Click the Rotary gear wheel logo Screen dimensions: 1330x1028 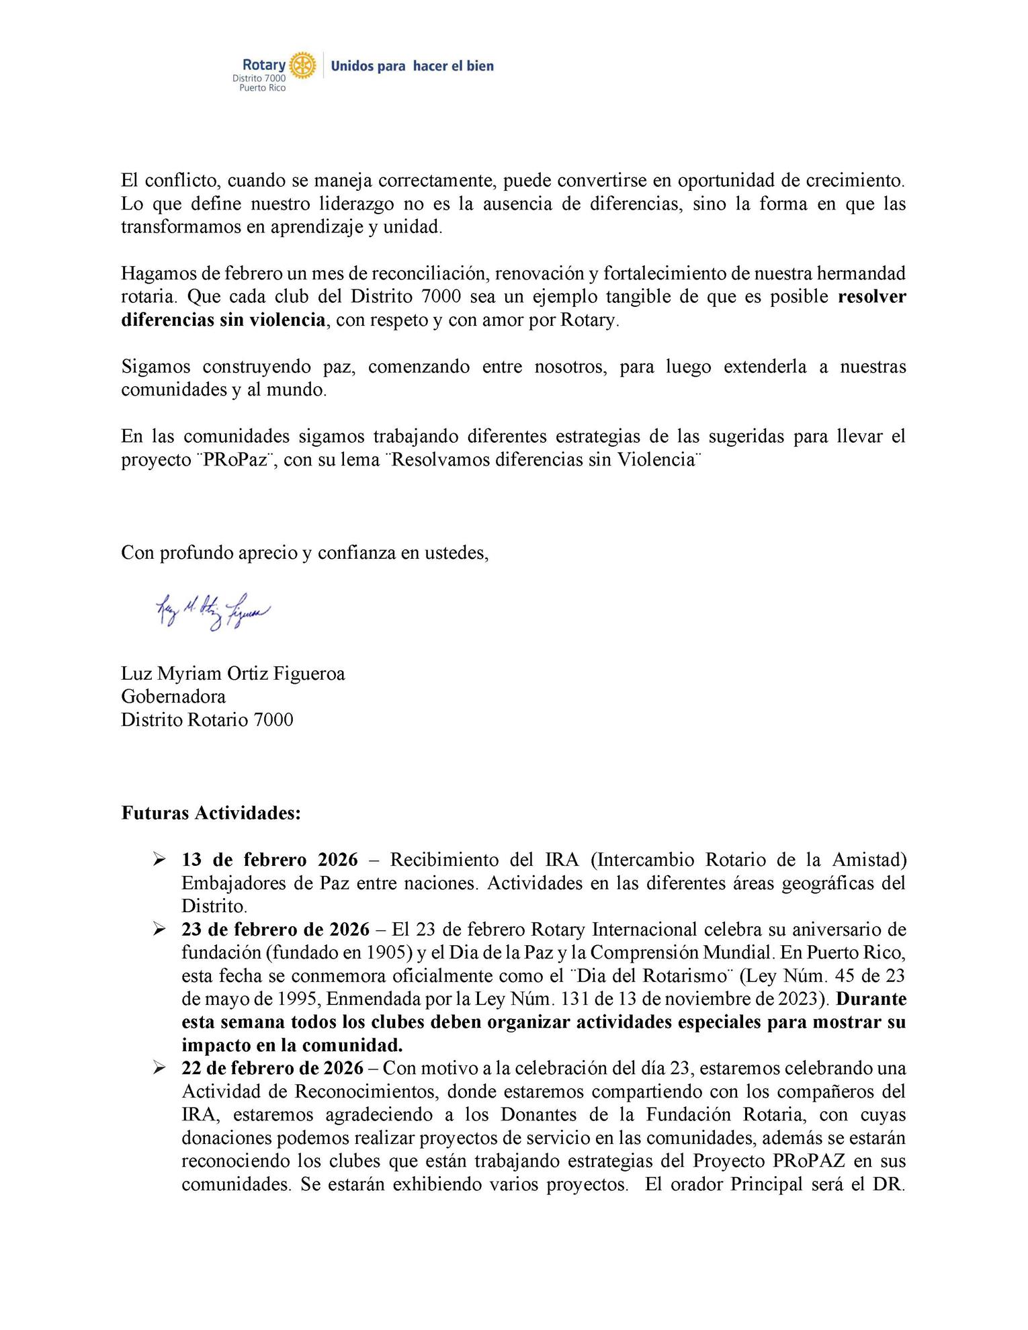pos(302,65)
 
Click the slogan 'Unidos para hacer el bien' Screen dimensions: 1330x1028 pos(413,66)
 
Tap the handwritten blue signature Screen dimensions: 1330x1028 pos(212,611)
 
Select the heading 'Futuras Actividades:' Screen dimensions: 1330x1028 pos(211,813)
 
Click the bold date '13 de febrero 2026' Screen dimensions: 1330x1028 pos(269,860)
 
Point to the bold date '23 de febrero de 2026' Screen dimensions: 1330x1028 pos(275,930)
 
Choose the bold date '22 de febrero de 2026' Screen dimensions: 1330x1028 pos(272,1068)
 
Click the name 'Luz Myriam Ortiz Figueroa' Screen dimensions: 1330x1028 pos(232,673)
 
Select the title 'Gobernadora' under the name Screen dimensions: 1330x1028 pos(173,696)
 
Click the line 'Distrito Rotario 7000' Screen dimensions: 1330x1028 pos(207,719)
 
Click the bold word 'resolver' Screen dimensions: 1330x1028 pos(871,297)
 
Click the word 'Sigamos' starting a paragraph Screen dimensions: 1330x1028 pos(155,367)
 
